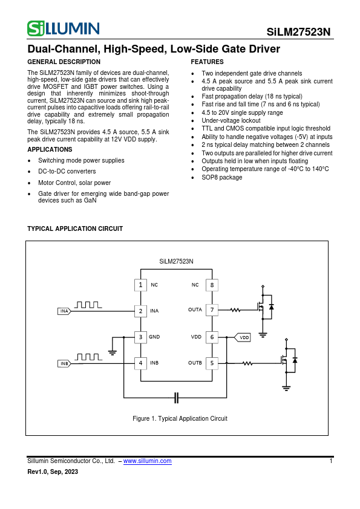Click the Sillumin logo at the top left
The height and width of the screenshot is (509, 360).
(63, 28)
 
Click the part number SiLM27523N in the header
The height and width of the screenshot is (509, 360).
(299, 33)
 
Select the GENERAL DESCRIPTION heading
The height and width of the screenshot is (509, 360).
(64, 62)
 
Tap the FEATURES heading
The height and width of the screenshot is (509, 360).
(207, 62)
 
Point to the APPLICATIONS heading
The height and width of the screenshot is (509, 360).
(50, 149)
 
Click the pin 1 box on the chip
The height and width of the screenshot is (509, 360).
(140, 285)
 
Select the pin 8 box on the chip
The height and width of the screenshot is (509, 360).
(212, 285)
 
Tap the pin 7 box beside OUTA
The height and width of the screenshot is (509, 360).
(212, 310)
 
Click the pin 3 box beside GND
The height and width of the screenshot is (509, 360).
(140, 337)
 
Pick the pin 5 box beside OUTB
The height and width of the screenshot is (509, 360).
(212, 363)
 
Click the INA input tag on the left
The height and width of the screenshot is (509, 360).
(65, 311)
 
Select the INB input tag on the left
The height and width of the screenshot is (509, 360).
(65, 363)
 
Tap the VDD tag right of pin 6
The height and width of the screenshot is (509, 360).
(243, 337)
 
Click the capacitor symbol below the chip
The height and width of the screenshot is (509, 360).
(177, 397)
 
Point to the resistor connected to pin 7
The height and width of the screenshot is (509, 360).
(235, 310)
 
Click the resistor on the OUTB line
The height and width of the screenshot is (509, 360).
(247, 363)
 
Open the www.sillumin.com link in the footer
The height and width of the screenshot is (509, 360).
(147, 461)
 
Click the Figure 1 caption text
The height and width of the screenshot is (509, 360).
(180, 418)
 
